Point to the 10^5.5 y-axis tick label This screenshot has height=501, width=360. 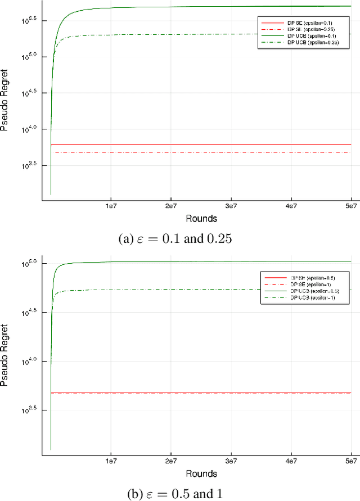tap(29, 20)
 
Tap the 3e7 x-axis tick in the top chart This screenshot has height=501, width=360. tap(231, 207)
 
